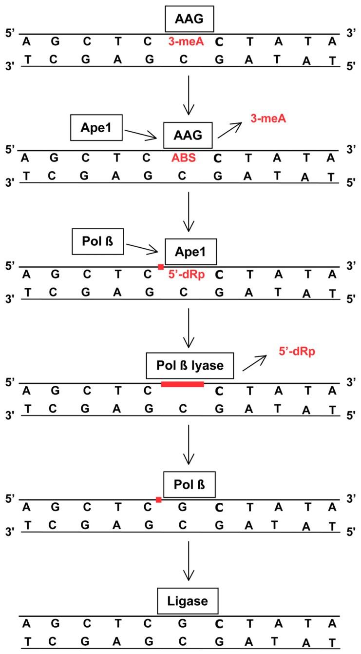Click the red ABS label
pyautogui.click(x=184, y=159)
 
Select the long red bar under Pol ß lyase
pyautogui.click(x=182, y=384)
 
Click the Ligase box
pyautogui.click(x=188, y=601)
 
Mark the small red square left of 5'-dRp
pyautogui.click(x=161, y=266)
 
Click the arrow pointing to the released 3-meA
pyautogui.click(x=230, y=130)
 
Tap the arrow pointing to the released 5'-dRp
pyautogui.click(x=255, y=363)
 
